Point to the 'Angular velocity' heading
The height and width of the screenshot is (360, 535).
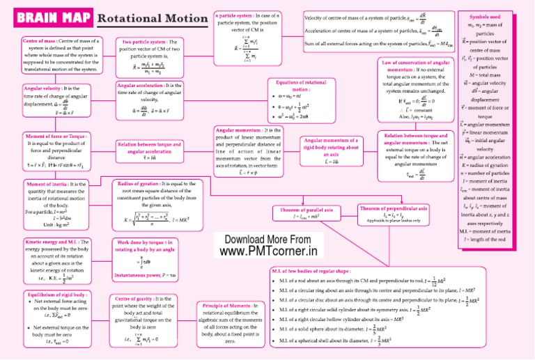pos(42,89)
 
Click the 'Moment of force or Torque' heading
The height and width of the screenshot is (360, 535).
pos(55,136)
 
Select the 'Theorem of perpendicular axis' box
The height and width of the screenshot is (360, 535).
pos(394,208)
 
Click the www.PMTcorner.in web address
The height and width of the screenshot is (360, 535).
pos(267,250)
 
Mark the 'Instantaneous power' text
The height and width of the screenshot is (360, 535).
pos(140,275)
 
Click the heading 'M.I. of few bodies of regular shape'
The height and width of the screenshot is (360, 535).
pos(311,270)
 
